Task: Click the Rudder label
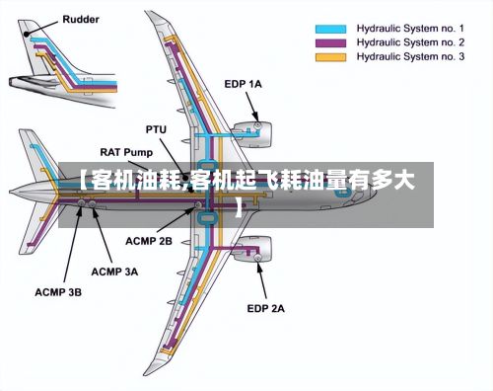[81, 20]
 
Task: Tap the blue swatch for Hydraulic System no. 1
[330, 29]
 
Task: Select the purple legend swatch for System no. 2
[330, 43]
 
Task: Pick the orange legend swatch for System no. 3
[330, 57]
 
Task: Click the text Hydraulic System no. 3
[410, 56]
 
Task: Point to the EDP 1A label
[243, 84]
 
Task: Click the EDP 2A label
[265, 309]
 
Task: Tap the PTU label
[156, 129]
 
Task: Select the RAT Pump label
[126, 152]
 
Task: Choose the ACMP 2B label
[149, 241]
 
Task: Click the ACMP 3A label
[114, 273]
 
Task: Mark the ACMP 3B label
[58, 292]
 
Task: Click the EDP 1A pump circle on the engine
[257, 125]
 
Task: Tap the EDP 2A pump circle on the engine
[257, 258]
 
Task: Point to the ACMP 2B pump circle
[198, 205]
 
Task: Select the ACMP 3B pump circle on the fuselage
[81, 203]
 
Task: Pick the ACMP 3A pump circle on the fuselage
[93, 204]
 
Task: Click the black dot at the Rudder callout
[27, 34]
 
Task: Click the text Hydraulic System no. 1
[410, 29]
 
